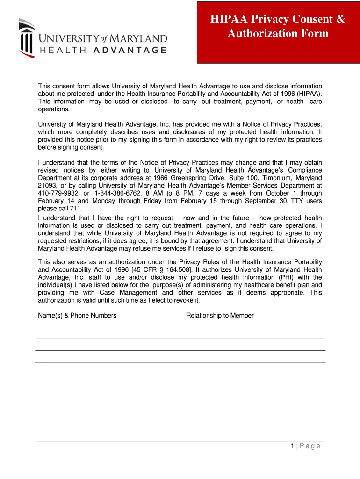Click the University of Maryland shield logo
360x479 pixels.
click(x=26, y=38)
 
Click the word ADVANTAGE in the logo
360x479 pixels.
click(x=130, y=50)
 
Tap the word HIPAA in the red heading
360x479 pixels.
click(x=228, y=19)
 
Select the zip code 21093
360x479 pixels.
click(x=46, y=186)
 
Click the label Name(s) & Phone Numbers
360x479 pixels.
click(x=77, y=315)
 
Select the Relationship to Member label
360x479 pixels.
click(x=220, y=315)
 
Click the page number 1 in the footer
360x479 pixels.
click(x=292, y=446)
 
